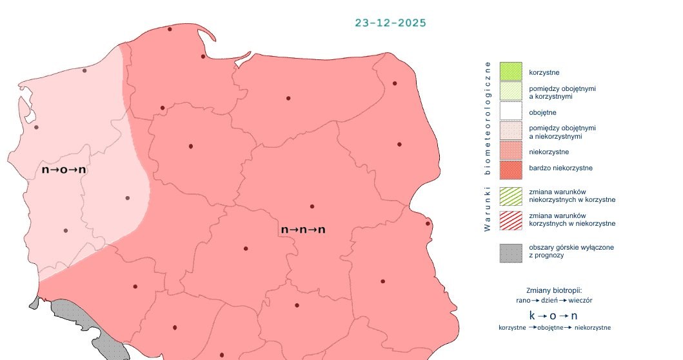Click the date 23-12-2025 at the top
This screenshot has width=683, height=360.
pyautogui.click(x=390, y=23)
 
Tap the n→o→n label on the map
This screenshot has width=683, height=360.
pyautogui.click(x=64, y=170)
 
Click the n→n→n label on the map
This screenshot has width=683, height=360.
pyautogui.click(x=302, y=230)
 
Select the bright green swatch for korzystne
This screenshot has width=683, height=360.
pyautogui.click(x=510, y=72)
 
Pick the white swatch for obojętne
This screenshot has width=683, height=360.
pyautogui.click(x=510, y=112)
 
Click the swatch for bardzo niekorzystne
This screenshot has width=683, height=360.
pyautogui.click(x=510, y=169)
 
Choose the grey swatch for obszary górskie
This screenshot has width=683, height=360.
pyautogui.click(x=510, y=252)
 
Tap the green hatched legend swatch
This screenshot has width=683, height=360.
pyautogui.click(x=510, y=196)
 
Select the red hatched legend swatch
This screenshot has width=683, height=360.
pyautogui.click(x=510, y=219)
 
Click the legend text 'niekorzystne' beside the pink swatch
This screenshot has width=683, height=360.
pyautogui.click(x=549, y=152)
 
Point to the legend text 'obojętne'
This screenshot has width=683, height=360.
pyautogui.click(x=542, y=113)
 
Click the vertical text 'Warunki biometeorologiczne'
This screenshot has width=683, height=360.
pyautogui.click(x=488, y=146)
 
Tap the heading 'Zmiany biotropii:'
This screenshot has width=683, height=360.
pyautogui.click(x=554, y=290)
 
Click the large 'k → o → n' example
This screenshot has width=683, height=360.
pyautogui.click(x=553, y=315)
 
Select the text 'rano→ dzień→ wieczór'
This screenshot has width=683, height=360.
pyautogui.click(x=554, y=301)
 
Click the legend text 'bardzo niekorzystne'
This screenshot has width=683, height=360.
pyautogui.click(x=560, y=168)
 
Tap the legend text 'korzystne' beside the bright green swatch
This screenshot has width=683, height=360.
pyautogui.click(x=544, y=72)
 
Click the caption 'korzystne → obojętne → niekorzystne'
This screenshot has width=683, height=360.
pyautogui.click(x=555, y=328)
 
